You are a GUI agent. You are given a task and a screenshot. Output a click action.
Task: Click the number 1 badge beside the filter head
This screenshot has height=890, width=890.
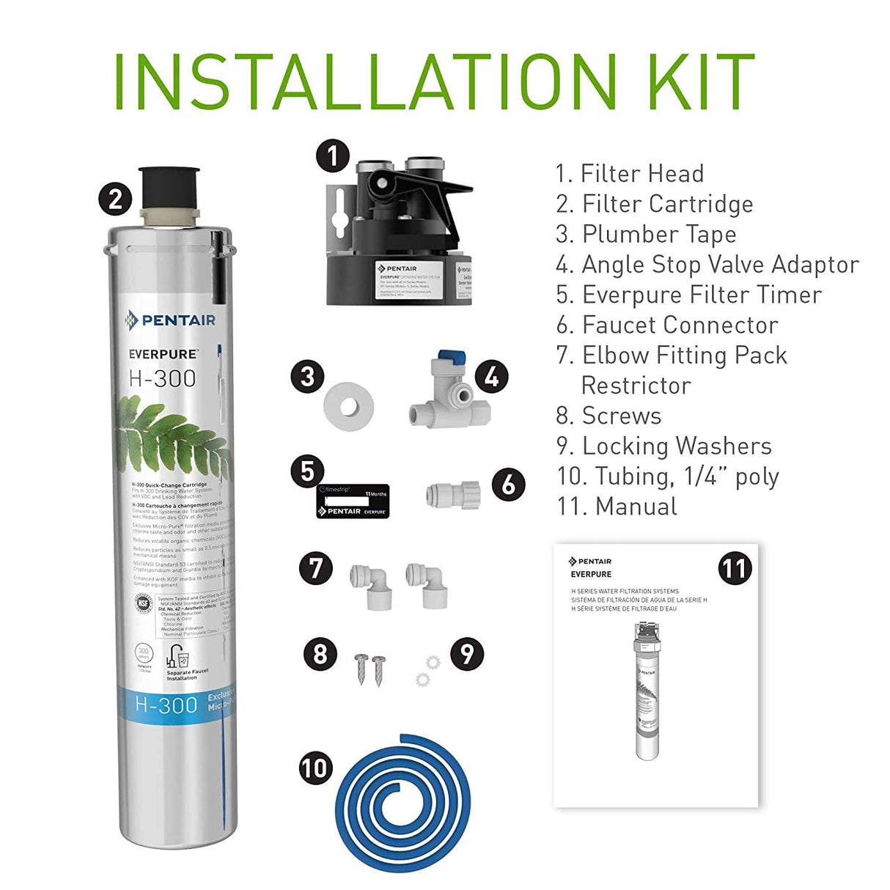pyautogui.click(x=333, y=156)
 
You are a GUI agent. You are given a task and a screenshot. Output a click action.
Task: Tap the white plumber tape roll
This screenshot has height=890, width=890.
pyautogui.click(x=348, y=405)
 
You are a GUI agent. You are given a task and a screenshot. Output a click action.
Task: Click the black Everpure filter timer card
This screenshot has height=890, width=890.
pyautogui.click(x=353, y=501)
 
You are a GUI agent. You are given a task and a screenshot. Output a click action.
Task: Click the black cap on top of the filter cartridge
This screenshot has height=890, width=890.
pyautogui.click(x=169, y=187)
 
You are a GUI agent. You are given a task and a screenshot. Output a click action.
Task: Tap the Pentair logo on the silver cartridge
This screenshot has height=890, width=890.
pyautogui.click(x=170, y=320)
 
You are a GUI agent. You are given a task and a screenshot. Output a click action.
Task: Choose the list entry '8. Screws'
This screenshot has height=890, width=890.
pyautogui.click(x=608, y=416)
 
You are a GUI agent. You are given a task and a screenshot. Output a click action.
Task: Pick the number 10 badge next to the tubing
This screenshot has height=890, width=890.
pyautogui.click(x=316, y=768)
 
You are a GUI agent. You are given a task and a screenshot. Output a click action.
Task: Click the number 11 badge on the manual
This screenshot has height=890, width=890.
pyautogui.click(x=734, y=568)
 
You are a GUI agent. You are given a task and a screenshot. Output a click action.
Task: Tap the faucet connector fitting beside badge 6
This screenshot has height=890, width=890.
pyautogui.click(x=453, y=494)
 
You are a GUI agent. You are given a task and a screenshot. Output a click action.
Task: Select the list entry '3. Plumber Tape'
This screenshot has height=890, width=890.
pyautogui.click(x=645, y=234)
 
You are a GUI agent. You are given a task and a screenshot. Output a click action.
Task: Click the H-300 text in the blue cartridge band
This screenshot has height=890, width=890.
pyautogui.click(x=166, y=705)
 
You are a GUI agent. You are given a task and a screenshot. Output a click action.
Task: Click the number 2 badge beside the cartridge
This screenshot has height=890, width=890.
pyautogui.click(x=115, y=199)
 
